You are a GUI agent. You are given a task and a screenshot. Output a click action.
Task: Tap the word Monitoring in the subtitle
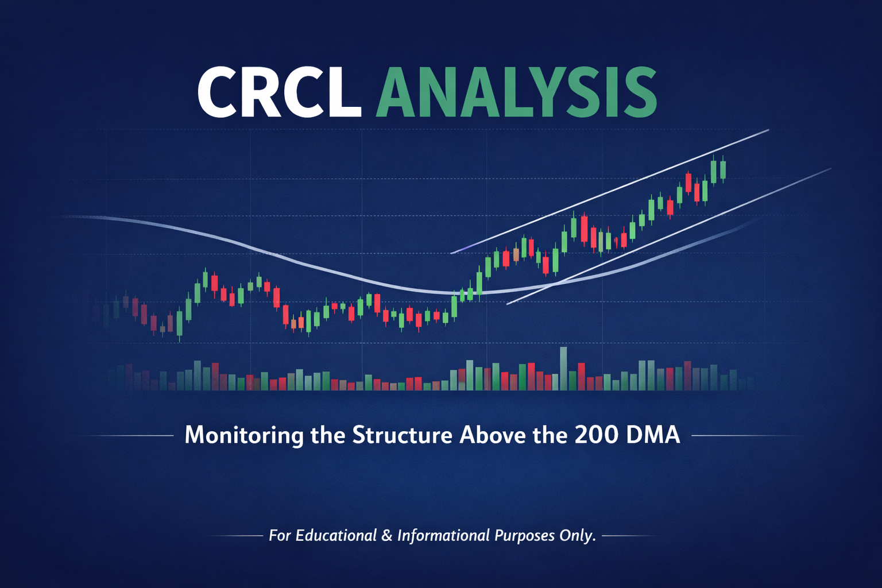tap(243, 435)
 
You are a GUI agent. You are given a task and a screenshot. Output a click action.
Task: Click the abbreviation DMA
tap(653, 435)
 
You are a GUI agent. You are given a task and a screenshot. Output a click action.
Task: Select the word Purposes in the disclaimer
tap(525, 535)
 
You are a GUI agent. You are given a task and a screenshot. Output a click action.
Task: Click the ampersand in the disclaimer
tap(387, 535)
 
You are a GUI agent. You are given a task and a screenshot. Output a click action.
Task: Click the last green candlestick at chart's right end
tap(723, 169)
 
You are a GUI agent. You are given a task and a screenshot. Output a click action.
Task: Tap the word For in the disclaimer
tap(280, 535)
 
